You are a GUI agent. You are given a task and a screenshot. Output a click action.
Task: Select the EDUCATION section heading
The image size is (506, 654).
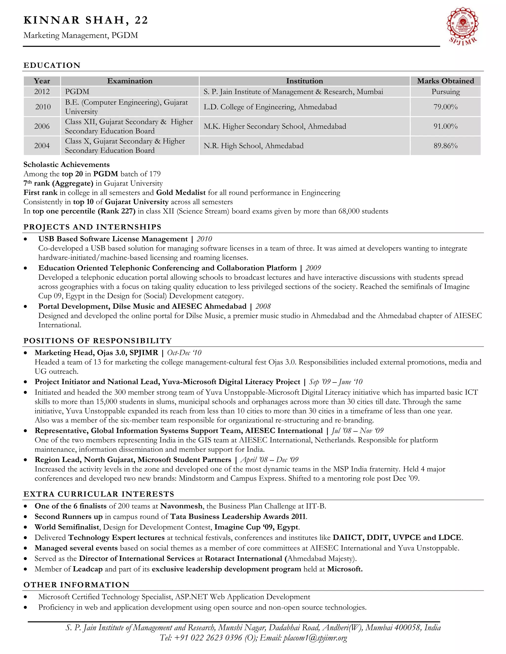click(x=52, y=65)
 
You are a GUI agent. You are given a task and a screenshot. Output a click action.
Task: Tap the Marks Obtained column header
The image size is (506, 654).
click(x=445, y=81)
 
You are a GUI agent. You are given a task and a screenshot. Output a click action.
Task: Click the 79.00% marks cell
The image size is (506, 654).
click(x=445, y=107)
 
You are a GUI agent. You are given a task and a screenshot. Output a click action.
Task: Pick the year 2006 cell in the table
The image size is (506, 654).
click(x=42, y=126)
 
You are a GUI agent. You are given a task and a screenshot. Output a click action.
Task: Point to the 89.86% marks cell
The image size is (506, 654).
click(x=445, y=146)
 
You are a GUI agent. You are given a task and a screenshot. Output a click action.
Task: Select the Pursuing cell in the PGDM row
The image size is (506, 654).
click(x=445, y=92)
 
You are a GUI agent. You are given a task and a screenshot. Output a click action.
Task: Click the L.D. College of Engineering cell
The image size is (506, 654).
click(x=270, y=107)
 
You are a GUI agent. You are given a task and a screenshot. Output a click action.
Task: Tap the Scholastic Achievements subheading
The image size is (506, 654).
click(x=66, y=164)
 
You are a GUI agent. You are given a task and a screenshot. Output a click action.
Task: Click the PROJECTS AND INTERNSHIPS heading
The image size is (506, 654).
click(x=92, y=227)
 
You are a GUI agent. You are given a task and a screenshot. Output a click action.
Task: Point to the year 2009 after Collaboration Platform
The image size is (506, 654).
click(x=313, y=268)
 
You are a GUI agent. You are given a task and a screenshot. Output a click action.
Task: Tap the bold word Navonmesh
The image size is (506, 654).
click(x=181, y=506)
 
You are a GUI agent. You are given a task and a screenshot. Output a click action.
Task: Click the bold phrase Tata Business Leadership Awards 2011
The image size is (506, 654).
click(x=238, y=517)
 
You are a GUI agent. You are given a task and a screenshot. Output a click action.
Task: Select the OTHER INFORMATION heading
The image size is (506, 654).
click(x=76, y=585)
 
